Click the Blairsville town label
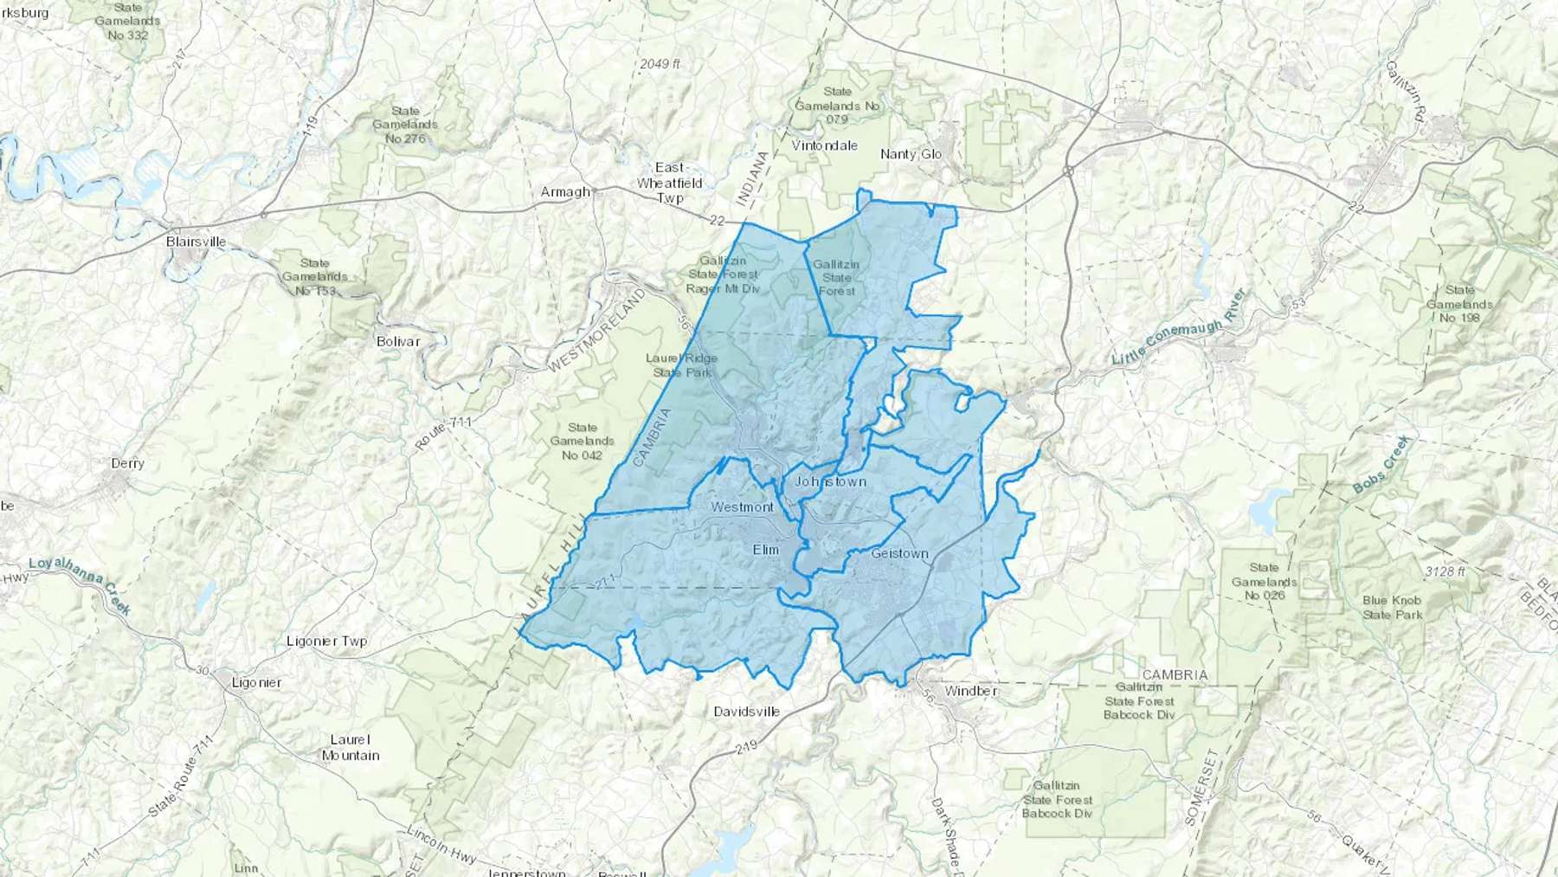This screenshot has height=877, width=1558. [x=196, y=242]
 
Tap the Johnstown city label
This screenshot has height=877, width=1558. [x=830, y=481]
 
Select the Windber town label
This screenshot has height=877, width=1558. [x=971, y=691]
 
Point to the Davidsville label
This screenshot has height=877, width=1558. [x=746, y=712]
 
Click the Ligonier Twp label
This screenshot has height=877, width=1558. [x=326, y=642]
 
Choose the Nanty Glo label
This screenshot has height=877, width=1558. [x=911, y=154]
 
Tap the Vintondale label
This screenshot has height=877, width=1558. [x=824, y=145]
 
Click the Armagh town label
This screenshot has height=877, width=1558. [x=565, y=192]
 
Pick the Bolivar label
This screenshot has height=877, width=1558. [x=398, y=341]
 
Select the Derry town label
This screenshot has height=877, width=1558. [x=127, y=463]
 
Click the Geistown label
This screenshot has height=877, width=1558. [x=899, y=553]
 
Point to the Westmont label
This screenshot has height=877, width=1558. [x=742, y=506]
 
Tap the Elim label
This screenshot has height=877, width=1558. [x=765, y=550]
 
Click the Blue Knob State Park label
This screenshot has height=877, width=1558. [x=1392, y=608]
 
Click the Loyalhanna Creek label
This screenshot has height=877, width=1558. [x=80, y=585]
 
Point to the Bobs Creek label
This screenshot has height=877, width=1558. [x=1381, y=465]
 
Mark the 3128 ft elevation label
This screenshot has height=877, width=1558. [x=1445, y=571]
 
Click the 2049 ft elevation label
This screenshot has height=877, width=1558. [x=660, y=64]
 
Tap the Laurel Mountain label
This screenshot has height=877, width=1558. [x=351, y=747]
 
